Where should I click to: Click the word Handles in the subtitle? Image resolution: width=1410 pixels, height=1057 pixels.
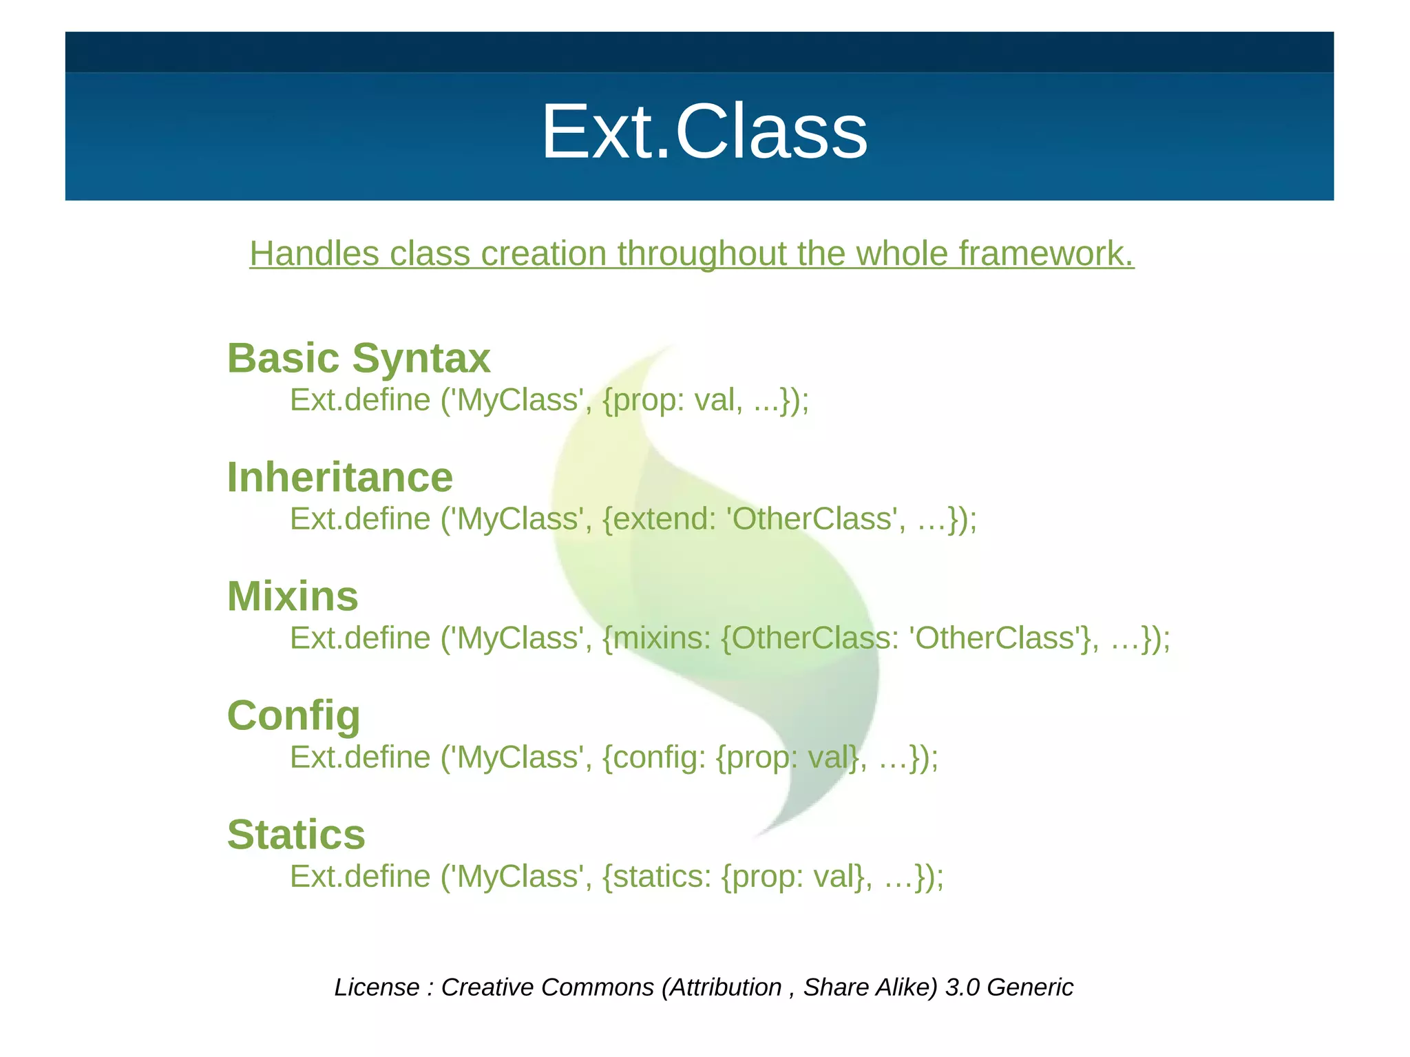pyautogui.click(x=314, y=253)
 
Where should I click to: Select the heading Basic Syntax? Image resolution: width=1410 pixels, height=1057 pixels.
pyautogui.click(x=358, y=358)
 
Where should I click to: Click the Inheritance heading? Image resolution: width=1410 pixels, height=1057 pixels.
pyautogui.click(x=339, y=477)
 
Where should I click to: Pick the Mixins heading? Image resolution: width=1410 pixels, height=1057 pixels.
pyautogui.click(x=293, y=596)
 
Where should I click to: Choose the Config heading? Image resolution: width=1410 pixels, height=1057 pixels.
pyautogui.click(x=293, y=715)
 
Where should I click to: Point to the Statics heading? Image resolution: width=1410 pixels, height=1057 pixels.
pyautogui.click(x=296, y=835)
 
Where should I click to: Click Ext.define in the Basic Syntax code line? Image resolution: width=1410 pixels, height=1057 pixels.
pyautogui.click(x=360, y=399)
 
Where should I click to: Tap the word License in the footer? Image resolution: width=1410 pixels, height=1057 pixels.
pyautogui.click(x=377, y=987)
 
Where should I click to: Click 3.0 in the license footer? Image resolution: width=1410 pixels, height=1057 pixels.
pyautogui.click(x=962, y=987)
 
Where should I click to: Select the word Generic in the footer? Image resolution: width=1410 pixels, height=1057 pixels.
pyautogui.click(x=1030, y=987)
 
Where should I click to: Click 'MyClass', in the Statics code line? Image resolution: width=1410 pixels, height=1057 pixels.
pyautogui.click(x=516, y=876)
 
